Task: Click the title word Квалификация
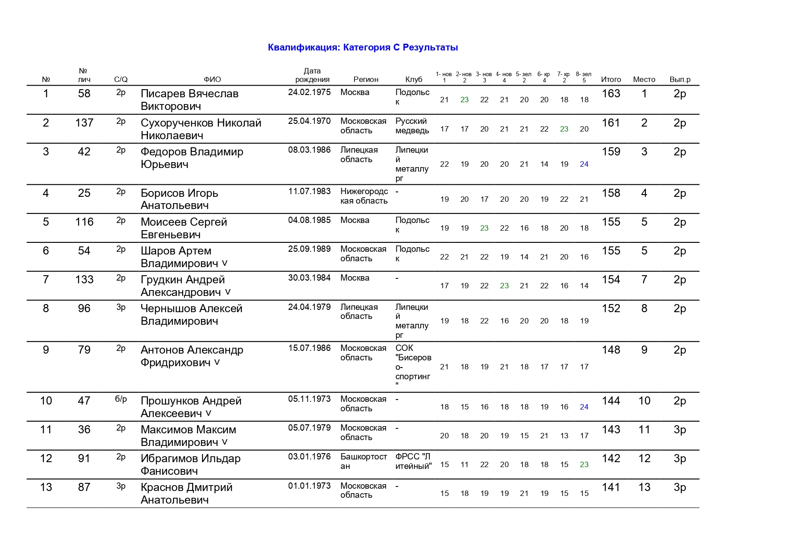coord(304,47)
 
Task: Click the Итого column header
coord(611,79)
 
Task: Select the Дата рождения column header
coord(312,75)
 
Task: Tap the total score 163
coord(611,94)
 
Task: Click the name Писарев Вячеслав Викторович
coord(189,100)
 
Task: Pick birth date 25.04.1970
coord(309,121)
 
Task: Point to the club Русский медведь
coord(412,126)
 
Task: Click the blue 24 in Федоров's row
coord(584,164)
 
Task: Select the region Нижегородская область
coord(364,196)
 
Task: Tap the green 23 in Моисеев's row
coord(484,228)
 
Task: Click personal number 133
coord(84,280)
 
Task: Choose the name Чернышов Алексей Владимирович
coord(191,315)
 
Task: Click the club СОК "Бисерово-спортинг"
coord(413,367)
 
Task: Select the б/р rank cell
coord(121,399)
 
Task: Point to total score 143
coord(611,430)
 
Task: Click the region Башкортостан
coord(363,461)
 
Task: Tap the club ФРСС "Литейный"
coord(413,461)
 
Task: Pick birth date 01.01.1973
coord(309,486)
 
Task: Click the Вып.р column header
coord(680,79)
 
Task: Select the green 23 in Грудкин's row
coord(504,286)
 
